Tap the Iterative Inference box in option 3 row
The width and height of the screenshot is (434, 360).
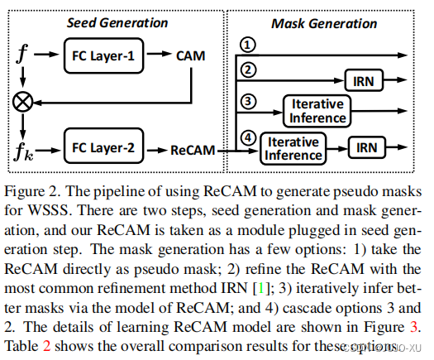pyautogui.click(x=317, y=110)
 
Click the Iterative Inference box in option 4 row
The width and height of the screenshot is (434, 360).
pyautogui.click(x=294, y=149)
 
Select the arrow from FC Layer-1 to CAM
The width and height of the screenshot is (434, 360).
pyautogui.click(x=158, y=57)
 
